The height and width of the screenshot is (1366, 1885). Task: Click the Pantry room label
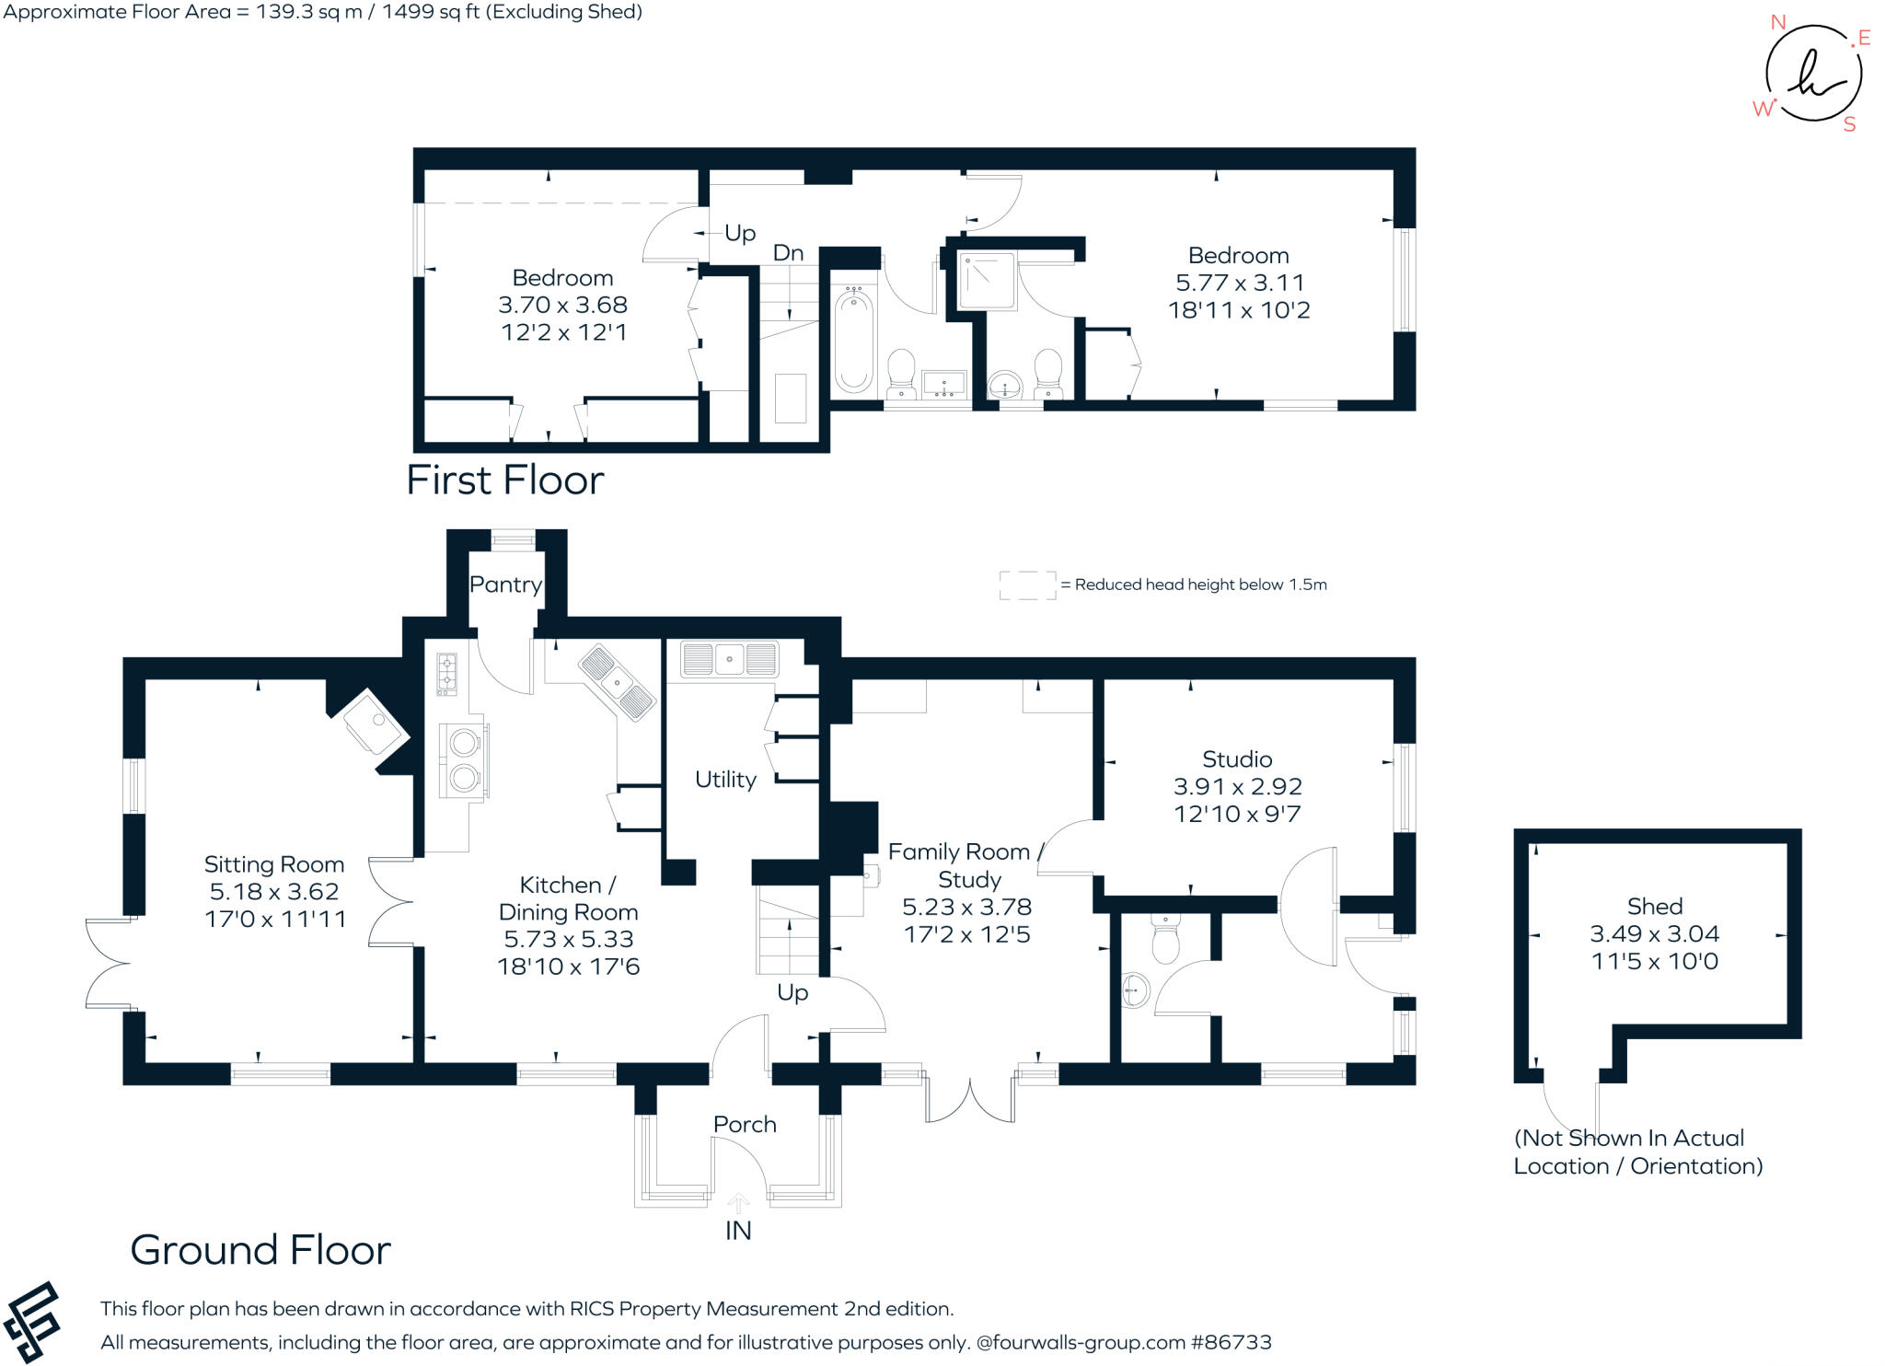coord(505,585)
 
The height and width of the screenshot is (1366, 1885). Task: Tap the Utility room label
coord(725,780)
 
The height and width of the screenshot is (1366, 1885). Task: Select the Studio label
coord(1237,759)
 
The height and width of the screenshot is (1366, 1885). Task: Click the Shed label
coord(1655,907)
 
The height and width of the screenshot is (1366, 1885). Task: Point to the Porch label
coord(745,1124)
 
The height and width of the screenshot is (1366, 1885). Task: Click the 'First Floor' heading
coord(505,480)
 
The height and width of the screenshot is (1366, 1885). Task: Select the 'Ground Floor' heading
coord(260,1250)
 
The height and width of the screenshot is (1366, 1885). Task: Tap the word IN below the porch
coord(738,1231)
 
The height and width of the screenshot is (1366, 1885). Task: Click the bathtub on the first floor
coord(853,339)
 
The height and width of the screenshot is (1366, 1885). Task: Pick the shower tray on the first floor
coord(988,281)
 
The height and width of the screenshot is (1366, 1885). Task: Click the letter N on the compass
coord(1778,23)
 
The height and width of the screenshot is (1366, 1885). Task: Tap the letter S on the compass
coord(1849,125)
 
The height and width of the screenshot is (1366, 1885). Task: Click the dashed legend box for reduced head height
coord(1028,585)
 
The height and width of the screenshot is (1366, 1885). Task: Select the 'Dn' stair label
coord(788,253)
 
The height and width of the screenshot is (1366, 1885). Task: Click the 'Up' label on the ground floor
coord(792,992)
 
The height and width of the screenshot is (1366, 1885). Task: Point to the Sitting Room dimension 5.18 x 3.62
coord(274,892)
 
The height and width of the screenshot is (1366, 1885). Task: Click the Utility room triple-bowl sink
coord(729,659)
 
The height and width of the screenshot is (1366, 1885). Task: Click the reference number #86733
coord(1232,1342)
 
